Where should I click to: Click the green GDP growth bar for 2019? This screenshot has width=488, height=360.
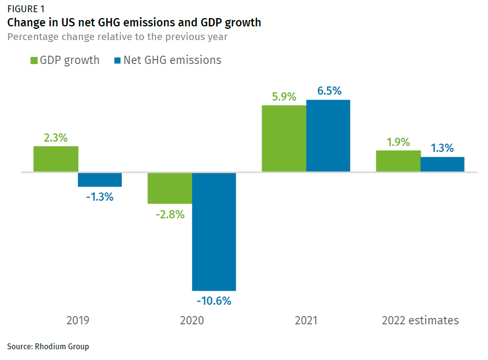56,159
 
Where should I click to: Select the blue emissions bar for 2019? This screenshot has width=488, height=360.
100,179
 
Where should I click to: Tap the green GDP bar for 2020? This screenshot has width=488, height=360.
170,188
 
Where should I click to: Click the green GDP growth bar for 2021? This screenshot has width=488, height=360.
284,138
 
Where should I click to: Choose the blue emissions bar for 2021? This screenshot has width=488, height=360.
328,135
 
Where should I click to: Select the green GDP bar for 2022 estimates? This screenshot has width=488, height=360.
398,161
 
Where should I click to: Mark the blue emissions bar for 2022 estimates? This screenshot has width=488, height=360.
442,164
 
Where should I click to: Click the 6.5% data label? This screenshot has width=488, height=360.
329,91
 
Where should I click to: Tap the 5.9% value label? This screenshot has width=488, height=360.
284,97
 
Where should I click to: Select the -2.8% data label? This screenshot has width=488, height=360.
169,214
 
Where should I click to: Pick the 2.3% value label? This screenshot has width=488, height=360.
56,138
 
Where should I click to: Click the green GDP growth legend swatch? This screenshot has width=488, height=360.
34,61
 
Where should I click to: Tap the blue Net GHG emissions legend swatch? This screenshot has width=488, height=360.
117,61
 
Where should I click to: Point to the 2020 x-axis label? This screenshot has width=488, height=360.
192,320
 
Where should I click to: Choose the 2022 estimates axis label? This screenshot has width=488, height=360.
420,320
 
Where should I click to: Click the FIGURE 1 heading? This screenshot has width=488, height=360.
28,9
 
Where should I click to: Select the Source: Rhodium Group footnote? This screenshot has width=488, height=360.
48,346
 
